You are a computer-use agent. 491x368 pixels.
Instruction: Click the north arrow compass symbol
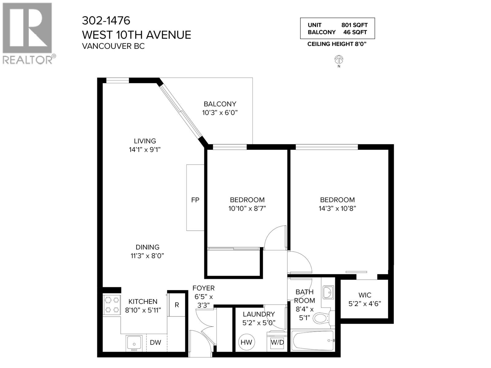click(x=339, y=59)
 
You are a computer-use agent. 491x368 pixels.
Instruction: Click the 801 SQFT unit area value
click(x=354, y=25)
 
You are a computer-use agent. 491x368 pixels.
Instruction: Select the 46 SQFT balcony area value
click(x=355, y=32)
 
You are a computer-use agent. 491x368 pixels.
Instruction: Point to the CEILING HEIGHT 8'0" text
click(x=337, y=44)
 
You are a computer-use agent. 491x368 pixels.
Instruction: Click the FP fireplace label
click(x=195, y=200)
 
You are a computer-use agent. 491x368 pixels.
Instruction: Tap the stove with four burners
click(x=112, y=305)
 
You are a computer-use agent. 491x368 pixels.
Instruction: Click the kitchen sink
click(x=134, y=343)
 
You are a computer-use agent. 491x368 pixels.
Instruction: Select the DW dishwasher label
click(x=156, y=343)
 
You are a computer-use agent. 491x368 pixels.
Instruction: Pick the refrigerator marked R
click(x=177, y=305)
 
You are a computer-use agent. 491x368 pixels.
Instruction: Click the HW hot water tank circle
click(x=246, y=342)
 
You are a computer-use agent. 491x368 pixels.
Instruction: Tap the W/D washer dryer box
click(x=277, y=342)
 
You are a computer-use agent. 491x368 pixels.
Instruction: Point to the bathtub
click(x=312, y=340)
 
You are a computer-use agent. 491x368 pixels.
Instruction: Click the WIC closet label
click(x=365, y=295)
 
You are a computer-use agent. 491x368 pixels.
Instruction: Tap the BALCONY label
click(x=220, y=104)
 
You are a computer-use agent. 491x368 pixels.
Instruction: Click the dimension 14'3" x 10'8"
click(x=337, y=209)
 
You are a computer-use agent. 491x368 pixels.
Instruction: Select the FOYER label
click(x=203, y=288)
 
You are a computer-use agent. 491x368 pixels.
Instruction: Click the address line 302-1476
click(x=106, y=21)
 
